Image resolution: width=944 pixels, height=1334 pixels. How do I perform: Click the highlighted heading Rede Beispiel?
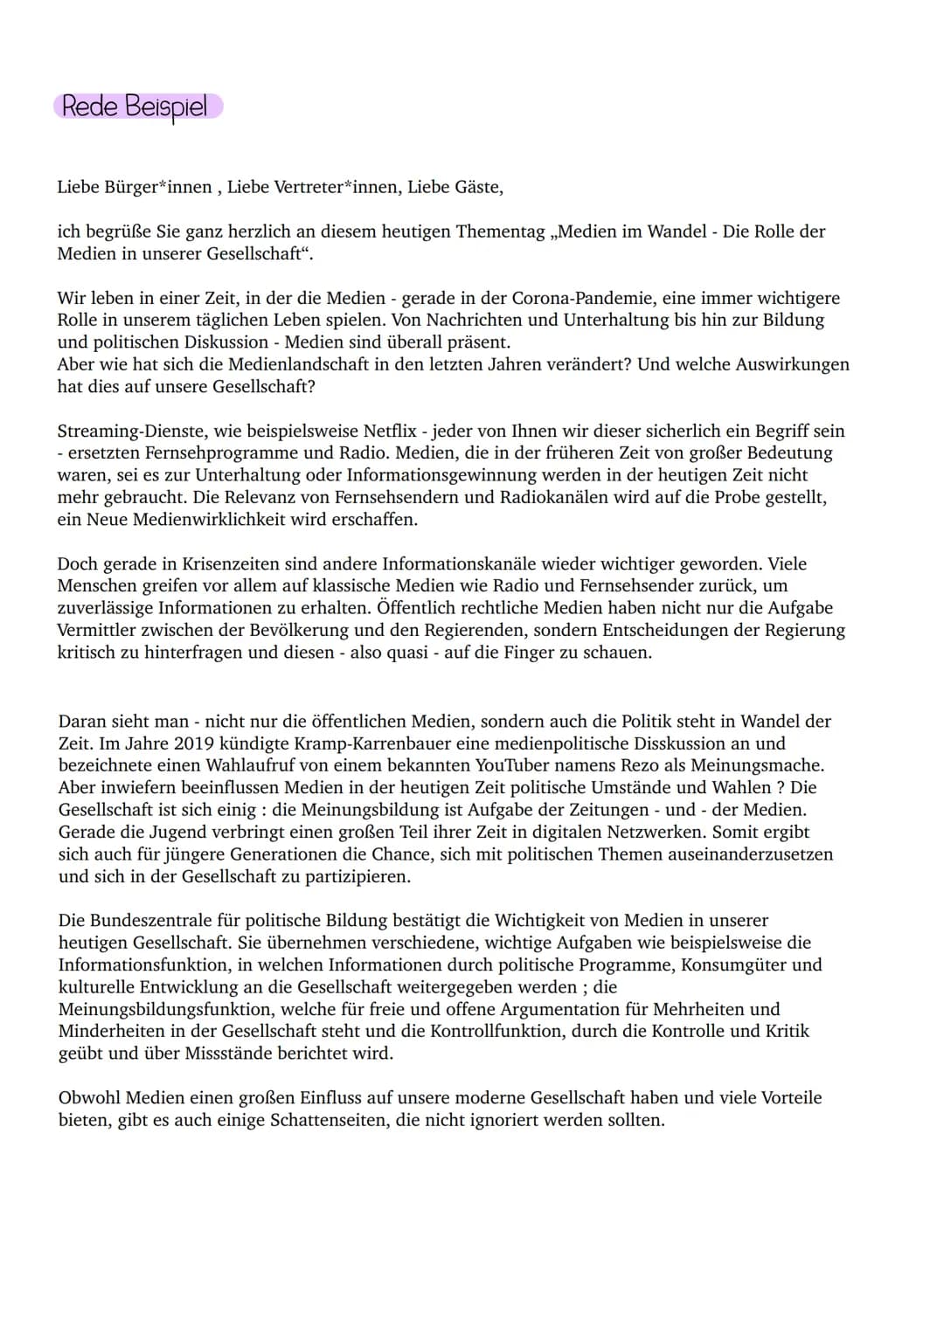(136, 107)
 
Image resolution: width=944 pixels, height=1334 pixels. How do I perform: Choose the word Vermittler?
(97, 630)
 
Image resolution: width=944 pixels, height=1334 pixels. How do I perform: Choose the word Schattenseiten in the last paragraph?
(323, 1120)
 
